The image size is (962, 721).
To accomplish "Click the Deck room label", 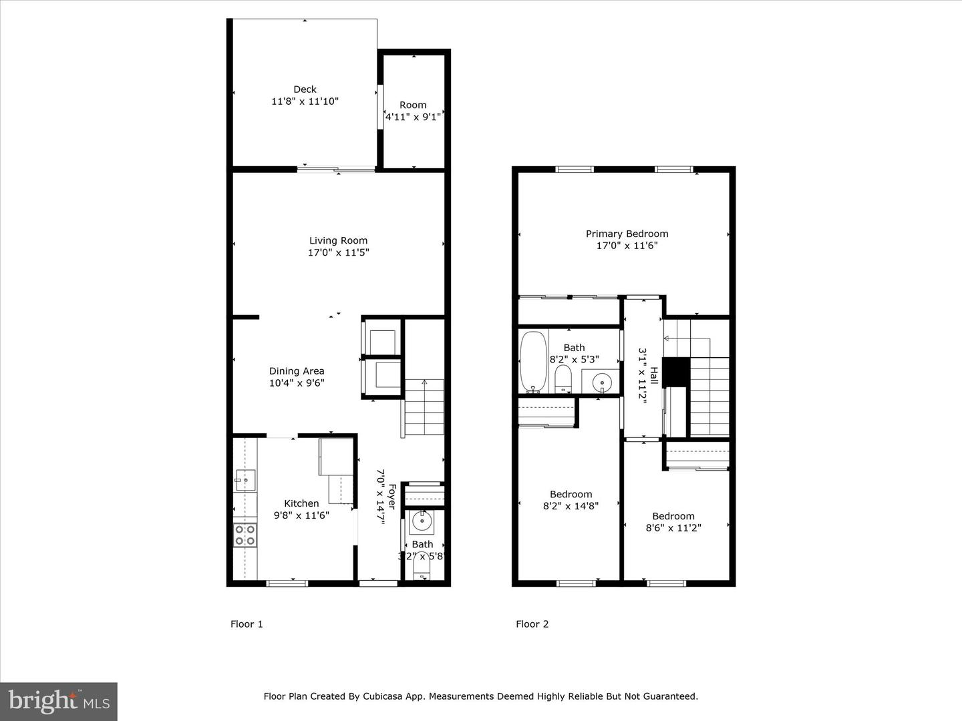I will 305,89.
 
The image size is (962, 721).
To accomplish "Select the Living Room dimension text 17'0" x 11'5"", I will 338,253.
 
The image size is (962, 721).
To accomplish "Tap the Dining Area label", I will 297,371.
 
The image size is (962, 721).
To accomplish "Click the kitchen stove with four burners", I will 245,535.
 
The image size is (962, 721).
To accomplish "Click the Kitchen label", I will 301,503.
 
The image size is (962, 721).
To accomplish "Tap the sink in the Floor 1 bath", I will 421,522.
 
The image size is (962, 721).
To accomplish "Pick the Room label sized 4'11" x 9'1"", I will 413,105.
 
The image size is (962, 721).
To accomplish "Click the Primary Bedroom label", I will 627,234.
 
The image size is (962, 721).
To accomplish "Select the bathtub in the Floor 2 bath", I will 533,361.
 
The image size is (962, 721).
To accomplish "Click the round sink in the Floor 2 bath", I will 602,383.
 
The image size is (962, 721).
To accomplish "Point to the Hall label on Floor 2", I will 654,376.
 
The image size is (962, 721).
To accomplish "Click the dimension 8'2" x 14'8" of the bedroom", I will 571,506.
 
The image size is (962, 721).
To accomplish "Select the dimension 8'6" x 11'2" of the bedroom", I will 673,527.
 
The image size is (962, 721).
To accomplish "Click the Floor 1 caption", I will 247,624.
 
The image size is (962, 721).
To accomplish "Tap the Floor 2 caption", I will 532,624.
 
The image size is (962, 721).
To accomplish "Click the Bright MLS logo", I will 59,701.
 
